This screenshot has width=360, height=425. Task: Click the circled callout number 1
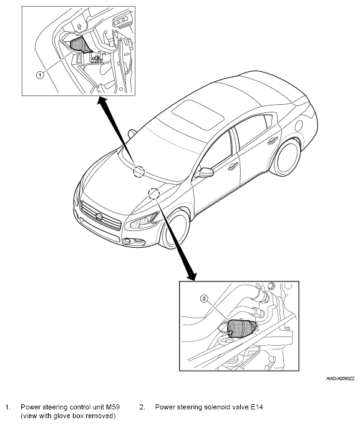[x=40, y=74]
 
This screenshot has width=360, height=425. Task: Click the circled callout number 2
[x=204, y=299]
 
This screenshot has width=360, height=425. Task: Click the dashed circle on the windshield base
[x=139, y=171]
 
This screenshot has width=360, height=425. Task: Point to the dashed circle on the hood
[x=153, y=193]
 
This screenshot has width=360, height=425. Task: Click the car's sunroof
[x=198, y=114]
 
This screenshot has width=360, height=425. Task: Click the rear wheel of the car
[x=287, y=157]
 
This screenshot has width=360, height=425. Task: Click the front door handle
[x=233, y=167]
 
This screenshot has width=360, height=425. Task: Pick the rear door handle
[x=273, y=140]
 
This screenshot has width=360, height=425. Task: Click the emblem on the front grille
[x=99, y=217]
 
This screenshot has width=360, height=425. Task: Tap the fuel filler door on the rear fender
[x=298, y=125]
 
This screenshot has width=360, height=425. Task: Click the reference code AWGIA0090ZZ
[x=340, y=379]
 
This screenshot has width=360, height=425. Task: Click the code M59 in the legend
[x=113, y=407]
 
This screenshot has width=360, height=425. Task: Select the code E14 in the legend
[x=256, y=407]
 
